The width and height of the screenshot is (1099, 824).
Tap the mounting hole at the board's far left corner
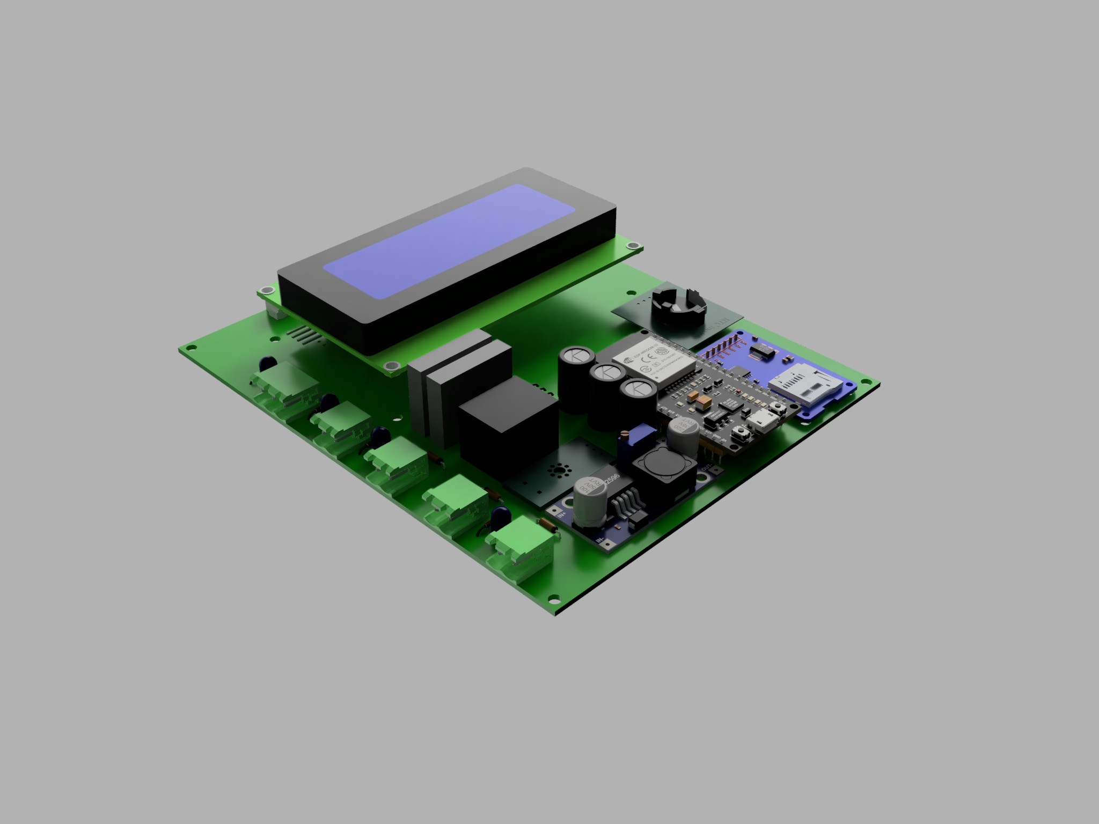tap(188, 348)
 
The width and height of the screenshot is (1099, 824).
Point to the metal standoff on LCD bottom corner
tap(392, 366)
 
